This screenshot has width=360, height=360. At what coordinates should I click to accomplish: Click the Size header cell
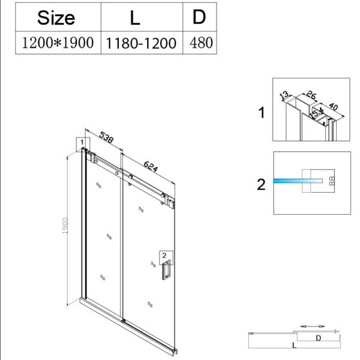click(56, 17)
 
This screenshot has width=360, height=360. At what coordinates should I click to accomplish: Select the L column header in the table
click(135, 17)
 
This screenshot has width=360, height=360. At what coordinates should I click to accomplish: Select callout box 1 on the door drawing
click(80, 143)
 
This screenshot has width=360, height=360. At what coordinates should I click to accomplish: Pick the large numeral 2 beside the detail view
click(260, 184)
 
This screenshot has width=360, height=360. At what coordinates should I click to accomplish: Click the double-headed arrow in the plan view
click(313, 326)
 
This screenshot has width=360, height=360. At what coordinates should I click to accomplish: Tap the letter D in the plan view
click(319, 338)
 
